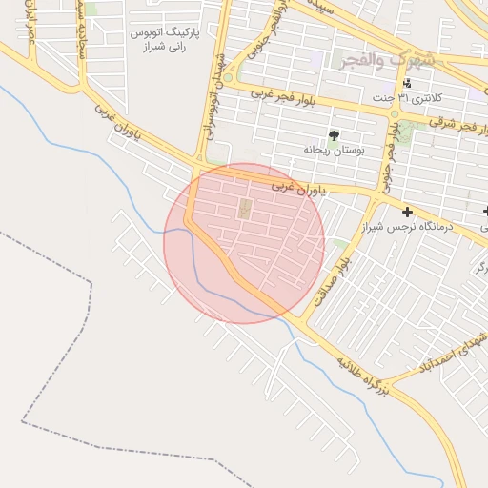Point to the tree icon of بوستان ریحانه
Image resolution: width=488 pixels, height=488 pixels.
click(334, 135)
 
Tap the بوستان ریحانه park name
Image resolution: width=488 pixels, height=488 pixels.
click(329, 151)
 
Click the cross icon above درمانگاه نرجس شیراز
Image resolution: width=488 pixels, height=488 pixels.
click(408, 212)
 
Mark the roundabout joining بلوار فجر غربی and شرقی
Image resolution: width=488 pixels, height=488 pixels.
click(394, 113)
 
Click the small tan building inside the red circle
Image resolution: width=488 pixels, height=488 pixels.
click(243, 208)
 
